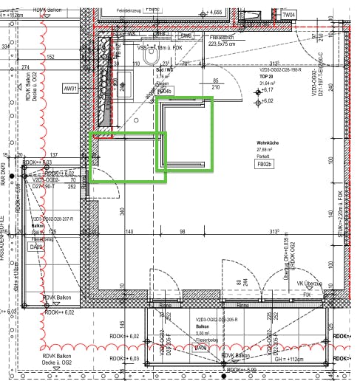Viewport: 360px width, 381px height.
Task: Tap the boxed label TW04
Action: [x=288, y=15]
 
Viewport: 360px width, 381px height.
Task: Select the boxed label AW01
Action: [x=71, y=89]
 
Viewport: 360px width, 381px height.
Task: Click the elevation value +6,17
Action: [x=267, y=90]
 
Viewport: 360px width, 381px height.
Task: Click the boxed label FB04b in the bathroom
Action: [x=163, y=92]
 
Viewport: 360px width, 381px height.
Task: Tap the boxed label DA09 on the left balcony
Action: [x=36, y=247]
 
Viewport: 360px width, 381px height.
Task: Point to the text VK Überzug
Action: [x=309, y=284]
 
